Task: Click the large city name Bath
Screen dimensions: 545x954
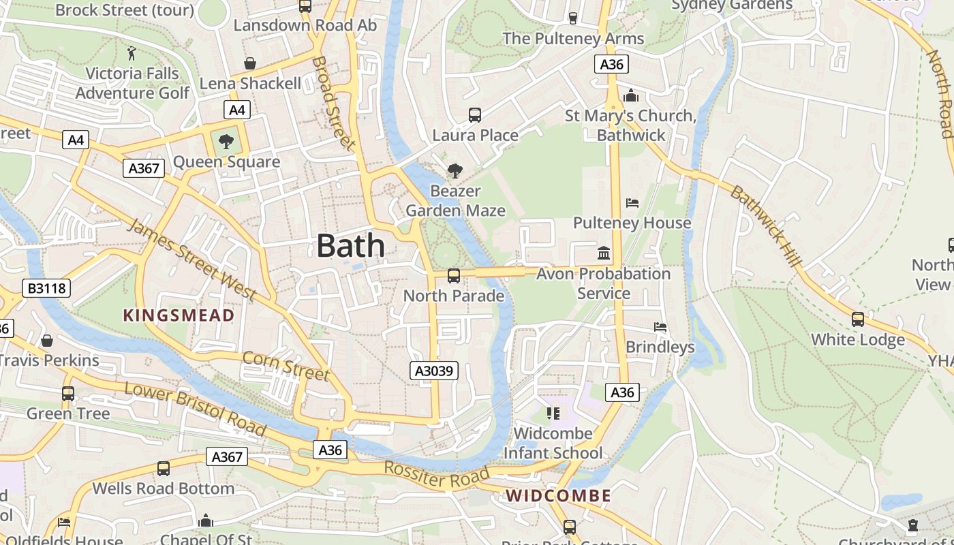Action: (x=350, y=246)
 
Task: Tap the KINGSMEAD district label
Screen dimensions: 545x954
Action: (x=179, y=315)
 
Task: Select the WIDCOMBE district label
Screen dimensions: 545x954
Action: (x=558, y=495)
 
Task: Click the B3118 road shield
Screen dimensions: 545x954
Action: (x=47, y=288)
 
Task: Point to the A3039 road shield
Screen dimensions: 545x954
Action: (x=434, y=371)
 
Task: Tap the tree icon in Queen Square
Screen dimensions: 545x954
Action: (x=226, y=142)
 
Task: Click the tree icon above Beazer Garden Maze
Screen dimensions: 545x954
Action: (x=455, y=171)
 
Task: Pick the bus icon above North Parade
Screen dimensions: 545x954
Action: (x=453, y=276)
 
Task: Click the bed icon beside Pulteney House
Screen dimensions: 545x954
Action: (x=632, y=203)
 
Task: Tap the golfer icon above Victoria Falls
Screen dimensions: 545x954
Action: (x=132, y=53)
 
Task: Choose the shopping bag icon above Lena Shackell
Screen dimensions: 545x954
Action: (x=250, y=63)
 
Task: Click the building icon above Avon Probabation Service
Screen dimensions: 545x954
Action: (x=604, y=253)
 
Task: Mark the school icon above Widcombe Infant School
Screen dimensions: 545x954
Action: (x=553, y=413)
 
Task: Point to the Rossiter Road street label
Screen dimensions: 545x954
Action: (x=437, y=476)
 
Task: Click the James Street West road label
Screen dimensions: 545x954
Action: (x=191, y=260)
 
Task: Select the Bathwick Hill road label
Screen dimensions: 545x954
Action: (x=767, y=227)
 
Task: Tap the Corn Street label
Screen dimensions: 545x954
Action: (x=286, y=366)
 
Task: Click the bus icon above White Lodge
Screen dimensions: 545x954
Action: (x=858, y=319)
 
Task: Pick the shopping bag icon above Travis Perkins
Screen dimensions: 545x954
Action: (x=47, y=340)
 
